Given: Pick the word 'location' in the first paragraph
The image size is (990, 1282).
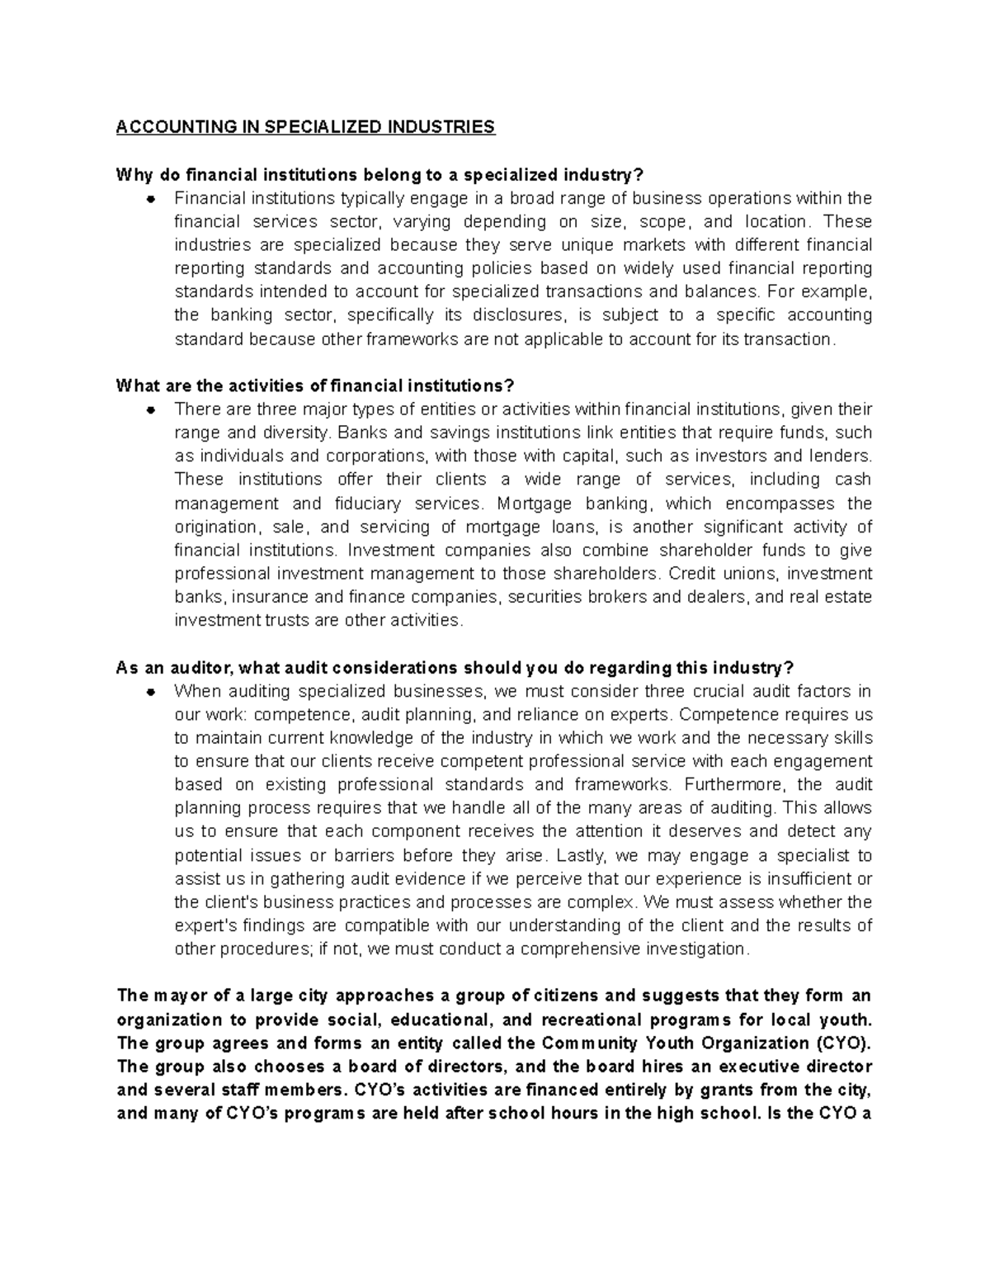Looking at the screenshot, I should pyautogui.click(x=776, y=221).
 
